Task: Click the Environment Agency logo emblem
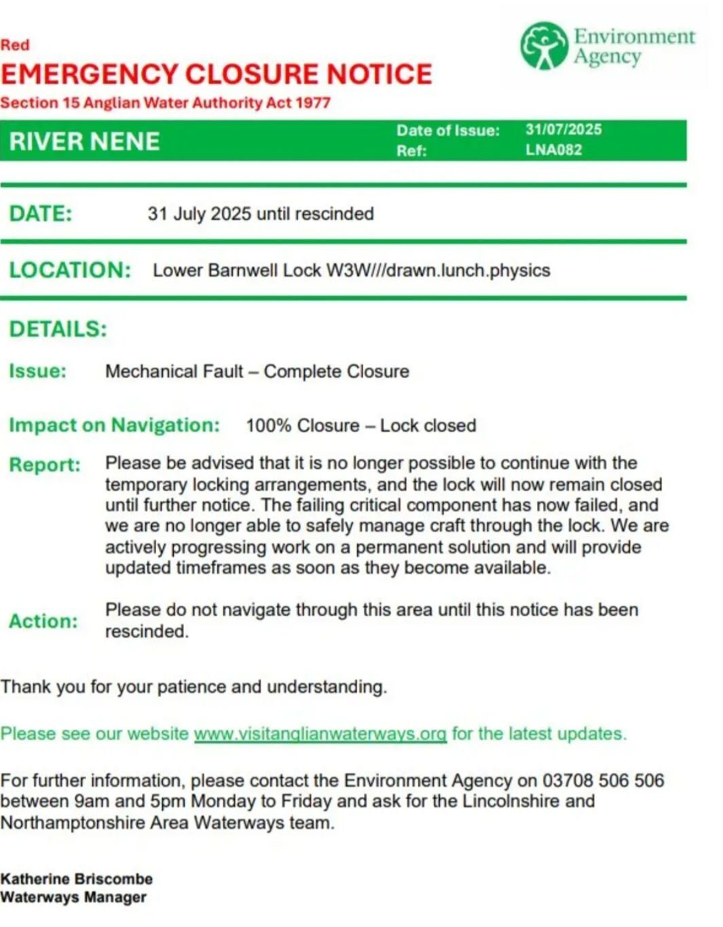[x=543, y=46]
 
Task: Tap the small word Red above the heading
[x=15, y=45]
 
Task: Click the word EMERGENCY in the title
[x=89, y=74]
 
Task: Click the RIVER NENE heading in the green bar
[x=85, y=141]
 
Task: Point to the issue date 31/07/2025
[x=563, y=130]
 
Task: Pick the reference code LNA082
[x=553, y=150]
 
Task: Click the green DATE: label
[x=40, y=214]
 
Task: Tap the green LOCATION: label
[x=69, y=270]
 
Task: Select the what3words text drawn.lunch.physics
[x=468, y=270]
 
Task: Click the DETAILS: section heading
[x=58, y=329]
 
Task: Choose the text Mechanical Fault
[x=174, y=371]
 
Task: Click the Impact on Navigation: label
[x=114, y=425]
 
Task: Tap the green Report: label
[x=45, y=465]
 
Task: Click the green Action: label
[x=43, y=621]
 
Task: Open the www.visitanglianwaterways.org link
[x=320, y=734]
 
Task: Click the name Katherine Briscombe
[x=77, y=879]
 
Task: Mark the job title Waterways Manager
[x=73, y=897]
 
